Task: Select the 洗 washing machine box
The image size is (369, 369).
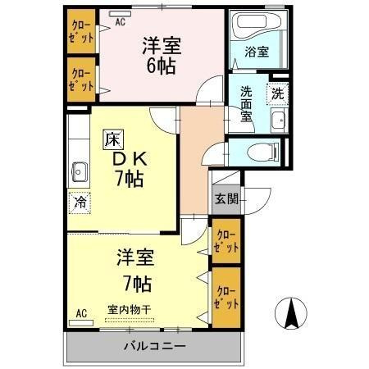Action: click(278, 93)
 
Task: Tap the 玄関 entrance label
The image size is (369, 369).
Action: click(226, 198)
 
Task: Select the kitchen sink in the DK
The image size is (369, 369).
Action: click(80, 171)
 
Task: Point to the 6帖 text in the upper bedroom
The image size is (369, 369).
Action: click(162, 66)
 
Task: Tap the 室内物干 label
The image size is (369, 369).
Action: click(130, 309)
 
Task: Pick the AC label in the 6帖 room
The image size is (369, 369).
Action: click(120, 23)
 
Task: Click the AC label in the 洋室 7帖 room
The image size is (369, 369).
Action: click(81, 312)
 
